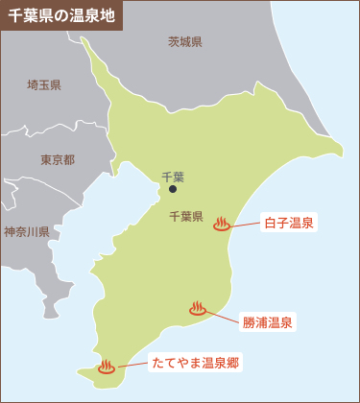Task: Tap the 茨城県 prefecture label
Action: click(x=184, y=42)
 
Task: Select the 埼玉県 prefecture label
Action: click(x=43, y=85)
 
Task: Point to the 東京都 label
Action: click(x=58, y=160)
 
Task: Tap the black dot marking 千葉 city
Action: click(x=173, y=190)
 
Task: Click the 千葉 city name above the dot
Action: click(x=173, y=177)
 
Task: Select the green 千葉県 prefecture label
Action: click(x=185, y=216)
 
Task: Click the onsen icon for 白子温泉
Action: click(x=222, y=224)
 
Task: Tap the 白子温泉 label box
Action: click(x=289, y=223)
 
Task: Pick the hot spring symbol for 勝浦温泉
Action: click(x=198, y=309)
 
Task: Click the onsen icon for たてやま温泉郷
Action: click(x=107, y=366)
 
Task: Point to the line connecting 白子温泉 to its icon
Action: click(x=247, y=224)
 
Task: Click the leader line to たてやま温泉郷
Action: click(x=132, y=365)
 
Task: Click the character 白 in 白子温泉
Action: click(x=270, y=223)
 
